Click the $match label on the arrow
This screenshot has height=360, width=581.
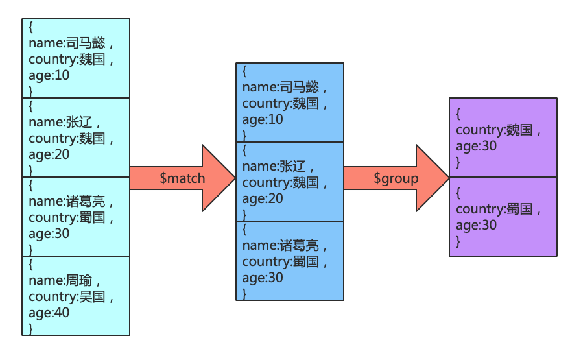pyautogui.click(x=182, y=178)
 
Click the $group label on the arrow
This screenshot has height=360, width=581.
pyautogui.click(x=396, y=178)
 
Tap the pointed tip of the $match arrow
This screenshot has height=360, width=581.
pyautogui.click(x=234, y=178)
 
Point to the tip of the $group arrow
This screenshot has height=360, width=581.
pyautogui.click(x=448, y=178)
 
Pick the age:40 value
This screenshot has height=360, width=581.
pyautogui.click(x=49, y=313)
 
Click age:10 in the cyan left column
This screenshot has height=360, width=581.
pyautogui.click(x=49, y=75)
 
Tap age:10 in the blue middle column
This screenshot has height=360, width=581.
pyautogui.click(x=263, y=119)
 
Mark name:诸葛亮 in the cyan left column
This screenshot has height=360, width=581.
pyautogui.click(x=67, y=202)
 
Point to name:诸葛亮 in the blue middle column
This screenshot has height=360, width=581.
pyautogui.click(x=281, y=246)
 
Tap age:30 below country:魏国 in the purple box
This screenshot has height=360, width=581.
pyautogui.click(x=477, y=147)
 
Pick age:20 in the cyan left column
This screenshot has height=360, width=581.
pyautogui.click(x=49, y=154)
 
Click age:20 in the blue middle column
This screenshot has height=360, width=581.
pyautogui.click(x=263, y=198)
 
